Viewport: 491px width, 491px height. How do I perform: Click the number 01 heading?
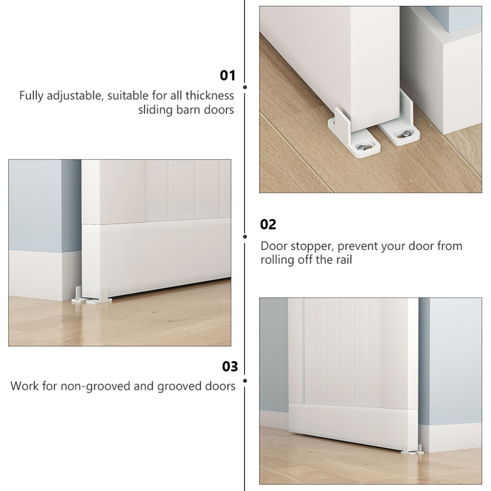[x=227, y=76]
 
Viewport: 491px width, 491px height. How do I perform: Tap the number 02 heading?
[x=268, y=224]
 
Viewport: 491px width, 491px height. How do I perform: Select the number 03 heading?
[x=230, y=366]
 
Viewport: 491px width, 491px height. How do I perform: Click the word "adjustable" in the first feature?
[x=75, y=96]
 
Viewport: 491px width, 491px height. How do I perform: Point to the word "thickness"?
[x=210, y=95]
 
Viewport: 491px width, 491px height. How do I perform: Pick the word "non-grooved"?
[x=95, y=386]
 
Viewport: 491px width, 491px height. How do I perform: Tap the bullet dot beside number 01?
[x=245, y=87]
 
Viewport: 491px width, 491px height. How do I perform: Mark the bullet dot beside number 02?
[x=245, y=237]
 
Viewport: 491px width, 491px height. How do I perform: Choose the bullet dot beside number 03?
[x=245, y=381]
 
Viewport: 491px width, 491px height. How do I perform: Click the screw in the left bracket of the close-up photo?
[x=363, y=147]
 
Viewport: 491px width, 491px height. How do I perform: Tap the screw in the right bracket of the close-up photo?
[x=406, y=134]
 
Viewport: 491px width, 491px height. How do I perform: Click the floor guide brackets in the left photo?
[x=91, y=296]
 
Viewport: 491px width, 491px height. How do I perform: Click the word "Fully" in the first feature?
[x=31, y=96]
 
